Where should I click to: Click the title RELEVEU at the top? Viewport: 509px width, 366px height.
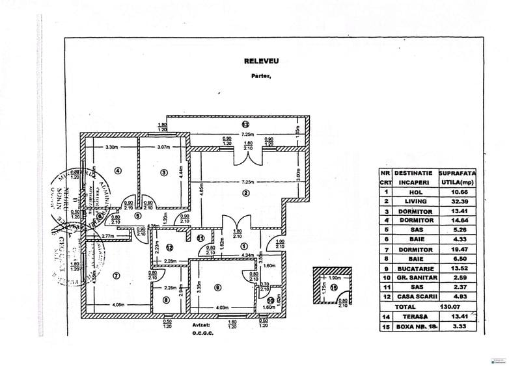point(261,61)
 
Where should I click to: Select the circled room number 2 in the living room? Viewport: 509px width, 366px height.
point(245,193)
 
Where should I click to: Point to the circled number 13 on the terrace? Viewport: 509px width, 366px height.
point(245,124)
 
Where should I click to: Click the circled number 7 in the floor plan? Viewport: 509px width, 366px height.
point(117,275)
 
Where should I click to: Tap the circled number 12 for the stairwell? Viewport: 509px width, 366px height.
point(168,246)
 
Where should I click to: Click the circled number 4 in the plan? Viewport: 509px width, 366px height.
point(118,172)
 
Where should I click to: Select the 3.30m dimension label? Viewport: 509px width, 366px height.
point(113,148)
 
